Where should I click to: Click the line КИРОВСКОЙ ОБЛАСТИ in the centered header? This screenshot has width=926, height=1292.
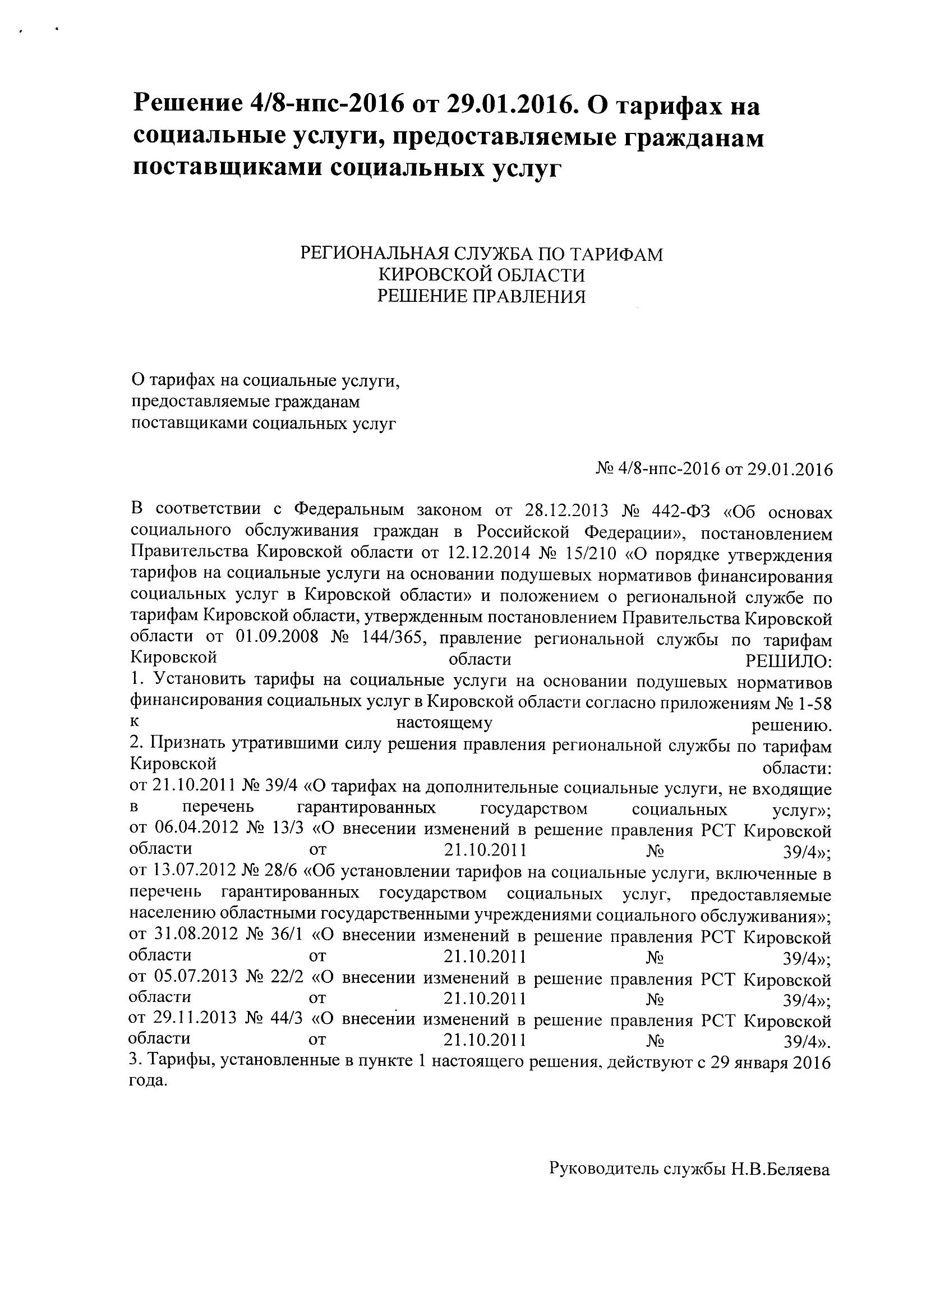481,275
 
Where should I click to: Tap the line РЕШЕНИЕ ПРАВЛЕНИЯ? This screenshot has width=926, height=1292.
481,296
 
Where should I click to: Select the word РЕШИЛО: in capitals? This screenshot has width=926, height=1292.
788,662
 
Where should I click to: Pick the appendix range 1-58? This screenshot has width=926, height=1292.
815,704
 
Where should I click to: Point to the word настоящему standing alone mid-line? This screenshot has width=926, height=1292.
444,724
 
